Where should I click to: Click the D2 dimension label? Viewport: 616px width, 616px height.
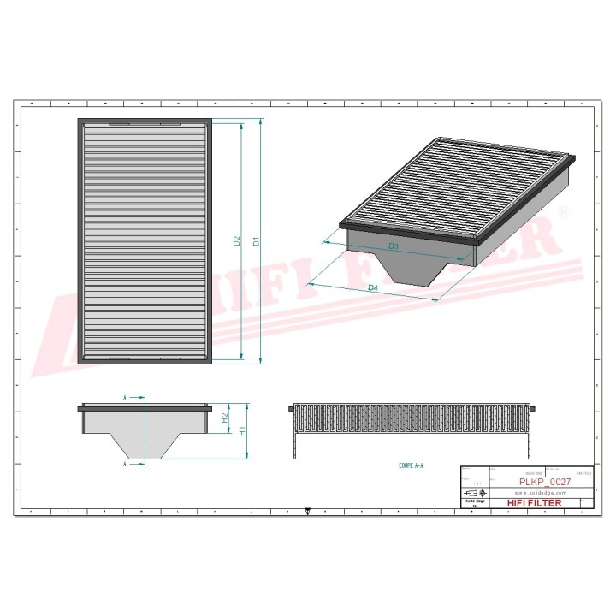click(x=237, y=243)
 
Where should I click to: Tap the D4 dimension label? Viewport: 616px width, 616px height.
click(x=372, y=288)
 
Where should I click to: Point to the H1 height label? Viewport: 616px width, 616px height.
click(x=243, y=433)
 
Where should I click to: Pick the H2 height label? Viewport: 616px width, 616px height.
click(x=224, y=419)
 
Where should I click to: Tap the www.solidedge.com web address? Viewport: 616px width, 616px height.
click(x=541, y=494)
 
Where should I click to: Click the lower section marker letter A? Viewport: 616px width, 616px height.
click(x=126, y=465)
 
